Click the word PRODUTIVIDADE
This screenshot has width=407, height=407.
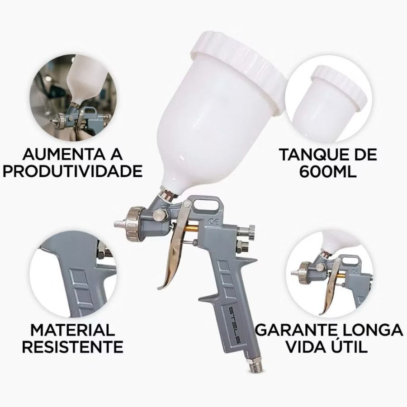[x=72, y=171]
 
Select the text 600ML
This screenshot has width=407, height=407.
[x=328, y=171]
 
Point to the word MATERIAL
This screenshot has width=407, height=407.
[x=73, y=330]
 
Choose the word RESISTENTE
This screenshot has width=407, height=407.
[x=73, y=347]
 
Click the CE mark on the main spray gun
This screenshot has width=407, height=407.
[x=214, y=222]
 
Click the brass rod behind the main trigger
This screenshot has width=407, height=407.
[x=191, y=229]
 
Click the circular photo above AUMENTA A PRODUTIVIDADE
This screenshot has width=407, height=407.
[x=73, y=99]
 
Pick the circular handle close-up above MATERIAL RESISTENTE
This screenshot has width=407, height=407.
[x=73, y=274]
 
